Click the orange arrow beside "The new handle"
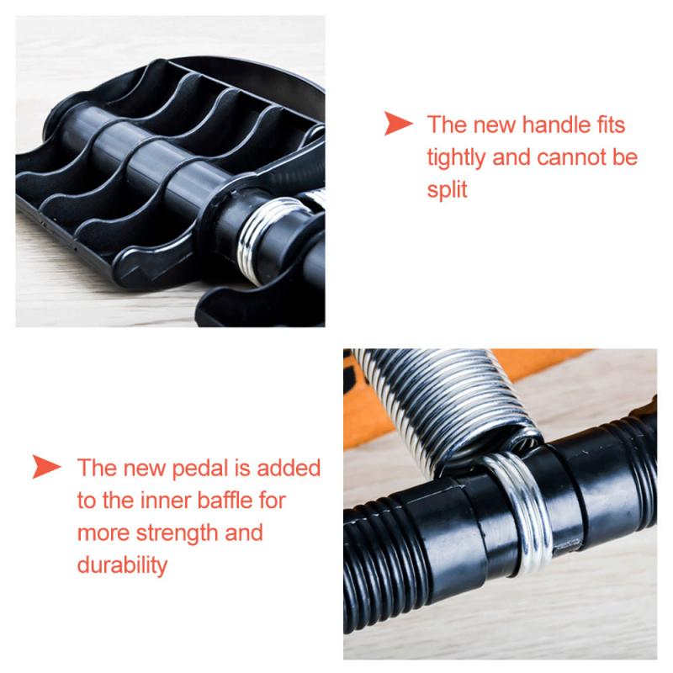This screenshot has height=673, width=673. pos(398,125)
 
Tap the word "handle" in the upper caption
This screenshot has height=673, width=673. pos(545,126)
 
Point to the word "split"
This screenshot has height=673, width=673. pos(447,189)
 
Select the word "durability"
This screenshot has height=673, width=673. pos(121,564)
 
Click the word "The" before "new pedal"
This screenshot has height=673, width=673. pos(98,467)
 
